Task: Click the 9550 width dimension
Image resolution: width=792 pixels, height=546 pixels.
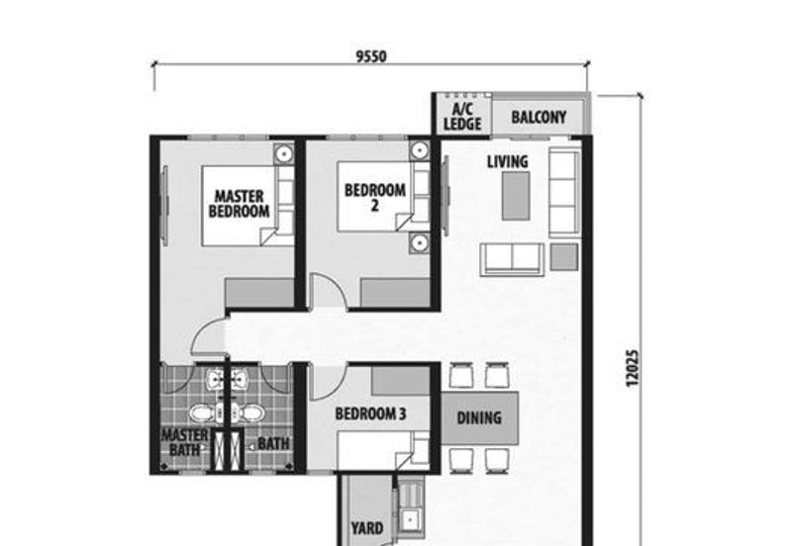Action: [x=371, y=56]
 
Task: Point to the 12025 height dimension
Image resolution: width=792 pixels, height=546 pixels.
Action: [x=633, y=368]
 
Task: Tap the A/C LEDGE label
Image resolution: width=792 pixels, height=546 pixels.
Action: [x=462, y=117]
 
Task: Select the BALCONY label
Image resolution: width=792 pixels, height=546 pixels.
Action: [x=539, y=117]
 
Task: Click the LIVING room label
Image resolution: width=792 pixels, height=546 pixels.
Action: [x=508, y=161]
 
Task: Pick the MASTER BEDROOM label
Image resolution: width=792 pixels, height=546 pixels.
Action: [x=239, y=204]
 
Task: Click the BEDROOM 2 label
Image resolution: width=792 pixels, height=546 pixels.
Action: [x=375, y=197]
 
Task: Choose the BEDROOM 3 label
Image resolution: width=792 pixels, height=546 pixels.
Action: [x=370, y=413]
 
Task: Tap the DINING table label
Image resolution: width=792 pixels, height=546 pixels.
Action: [x=479, y=417]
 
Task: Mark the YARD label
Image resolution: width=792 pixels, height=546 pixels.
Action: [x=367, y=528]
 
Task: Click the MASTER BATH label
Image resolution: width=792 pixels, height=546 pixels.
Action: [x=184, y=442]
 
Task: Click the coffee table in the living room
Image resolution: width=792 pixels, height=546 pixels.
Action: [x=516, y=196]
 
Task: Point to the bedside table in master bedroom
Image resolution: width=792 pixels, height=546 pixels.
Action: [x=284, y=153]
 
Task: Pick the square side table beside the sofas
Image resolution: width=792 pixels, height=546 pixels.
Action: [x=564, y=256]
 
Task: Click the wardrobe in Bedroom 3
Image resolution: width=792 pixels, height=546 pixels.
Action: [x=401, y=381]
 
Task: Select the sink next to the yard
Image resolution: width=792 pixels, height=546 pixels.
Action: [x=410, y=518]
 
